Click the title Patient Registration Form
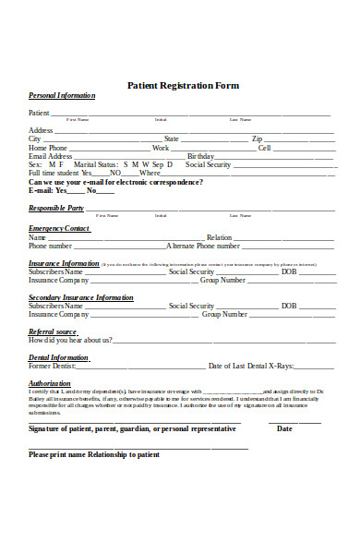point(182,85)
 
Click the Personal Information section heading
point(62,96)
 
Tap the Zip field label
point(257,139)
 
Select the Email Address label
point(51,156)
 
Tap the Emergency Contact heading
point(59,228)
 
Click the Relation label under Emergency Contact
point(219,237)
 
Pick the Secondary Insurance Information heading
point(81,297)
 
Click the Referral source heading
point(53,331)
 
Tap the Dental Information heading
point(58,357)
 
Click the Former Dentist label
point(52,367)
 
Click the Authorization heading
point(49,383)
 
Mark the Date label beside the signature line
point(310,428)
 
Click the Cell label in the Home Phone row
point(265,148)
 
